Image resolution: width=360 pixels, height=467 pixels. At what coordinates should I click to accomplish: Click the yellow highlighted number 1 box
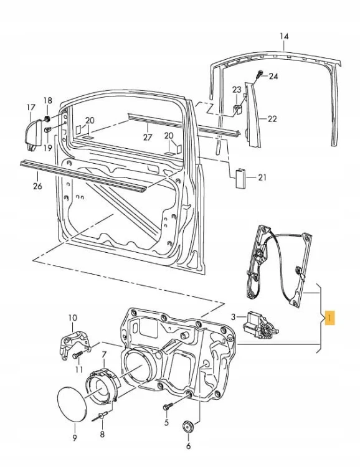(329, 318)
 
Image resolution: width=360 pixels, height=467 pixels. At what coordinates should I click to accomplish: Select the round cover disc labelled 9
(72, 404)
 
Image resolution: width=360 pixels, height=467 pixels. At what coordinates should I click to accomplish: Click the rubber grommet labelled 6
(188, 427)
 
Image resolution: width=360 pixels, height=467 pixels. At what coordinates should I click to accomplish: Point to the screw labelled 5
(168, 407)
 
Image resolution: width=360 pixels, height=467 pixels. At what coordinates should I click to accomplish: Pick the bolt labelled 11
(78, 356)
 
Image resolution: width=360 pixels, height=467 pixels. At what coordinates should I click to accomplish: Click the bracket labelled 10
(75, 344)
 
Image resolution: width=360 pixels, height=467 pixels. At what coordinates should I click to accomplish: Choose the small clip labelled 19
(48, 130)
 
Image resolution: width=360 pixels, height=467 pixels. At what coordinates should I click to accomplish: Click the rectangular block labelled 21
(240, 179)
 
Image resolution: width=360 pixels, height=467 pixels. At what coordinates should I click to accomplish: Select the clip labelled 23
(237, 110)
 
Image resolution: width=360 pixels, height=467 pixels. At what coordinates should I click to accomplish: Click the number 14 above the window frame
(284, 36)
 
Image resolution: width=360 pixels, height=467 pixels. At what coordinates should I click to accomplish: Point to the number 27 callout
(148, 137)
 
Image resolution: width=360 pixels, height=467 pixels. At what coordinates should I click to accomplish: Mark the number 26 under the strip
(37, 186)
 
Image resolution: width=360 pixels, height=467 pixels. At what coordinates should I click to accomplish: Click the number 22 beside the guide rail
(272, 119)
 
